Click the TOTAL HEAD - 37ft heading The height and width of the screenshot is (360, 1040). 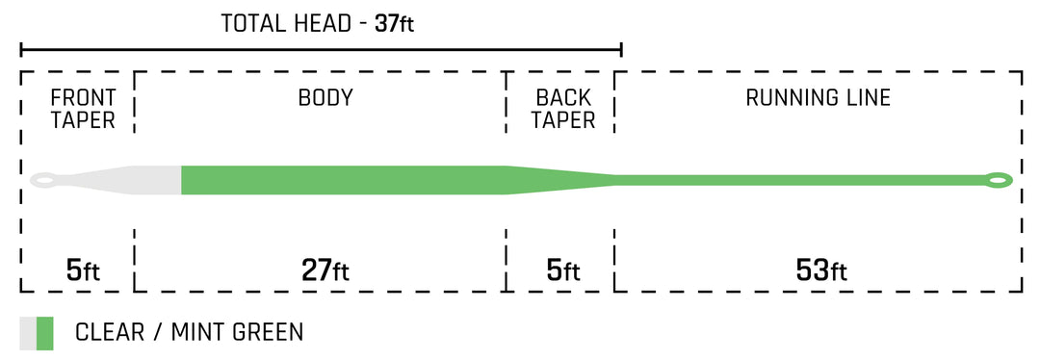(x=318, y=23)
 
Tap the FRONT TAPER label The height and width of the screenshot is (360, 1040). (x=83, y=109)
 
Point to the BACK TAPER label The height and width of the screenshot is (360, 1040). (x=563, y=109)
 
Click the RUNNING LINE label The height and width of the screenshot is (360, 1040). (x=818, y=98)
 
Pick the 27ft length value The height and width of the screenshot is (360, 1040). (x=325, y=271)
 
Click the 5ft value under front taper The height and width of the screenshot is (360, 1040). (x=83, y=271)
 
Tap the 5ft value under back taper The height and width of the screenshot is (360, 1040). (x=563, y=271)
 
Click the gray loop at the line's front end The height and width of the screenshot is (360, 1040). (x=44, y=179)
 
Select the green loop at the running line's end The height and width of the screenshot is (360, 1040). (x=998, y=179)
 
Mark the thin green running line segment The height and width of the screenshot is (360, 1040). (x=799, y=179)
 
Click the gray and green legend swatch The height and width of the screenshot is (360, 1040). (x=37, y=333)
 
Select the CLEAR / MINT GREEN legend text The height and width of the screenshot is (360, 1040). (x=189, y=333)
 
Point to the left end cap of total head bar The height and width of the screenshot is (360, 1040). (x=21, y=49)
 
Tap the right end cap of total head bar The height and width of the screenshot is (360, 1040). (x=622, y=49)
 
